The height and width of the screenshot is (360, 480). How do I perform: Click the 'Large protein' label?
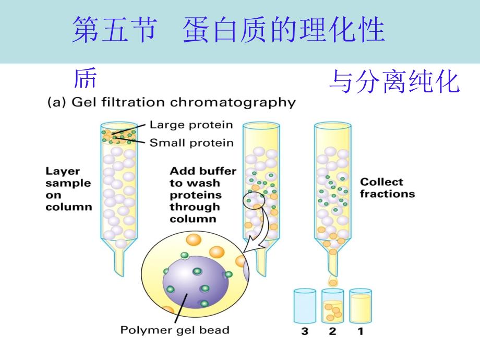click(x=191, y=125)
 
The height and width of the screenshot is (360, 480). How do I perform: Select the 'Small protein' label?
click(x=191, y=143)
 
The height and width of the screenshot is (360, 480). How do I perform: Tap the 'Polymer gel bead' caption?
click(x=175, y=330)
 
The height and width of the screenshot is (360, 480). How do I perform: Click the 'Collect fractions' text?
click(x=388, y=188)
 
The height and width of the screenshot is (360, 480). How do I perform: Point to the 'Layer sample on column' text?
click(x=68, y=188)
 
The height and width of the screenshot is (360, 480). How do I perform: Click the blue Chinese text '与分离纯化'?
click(x=394, y=82)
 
